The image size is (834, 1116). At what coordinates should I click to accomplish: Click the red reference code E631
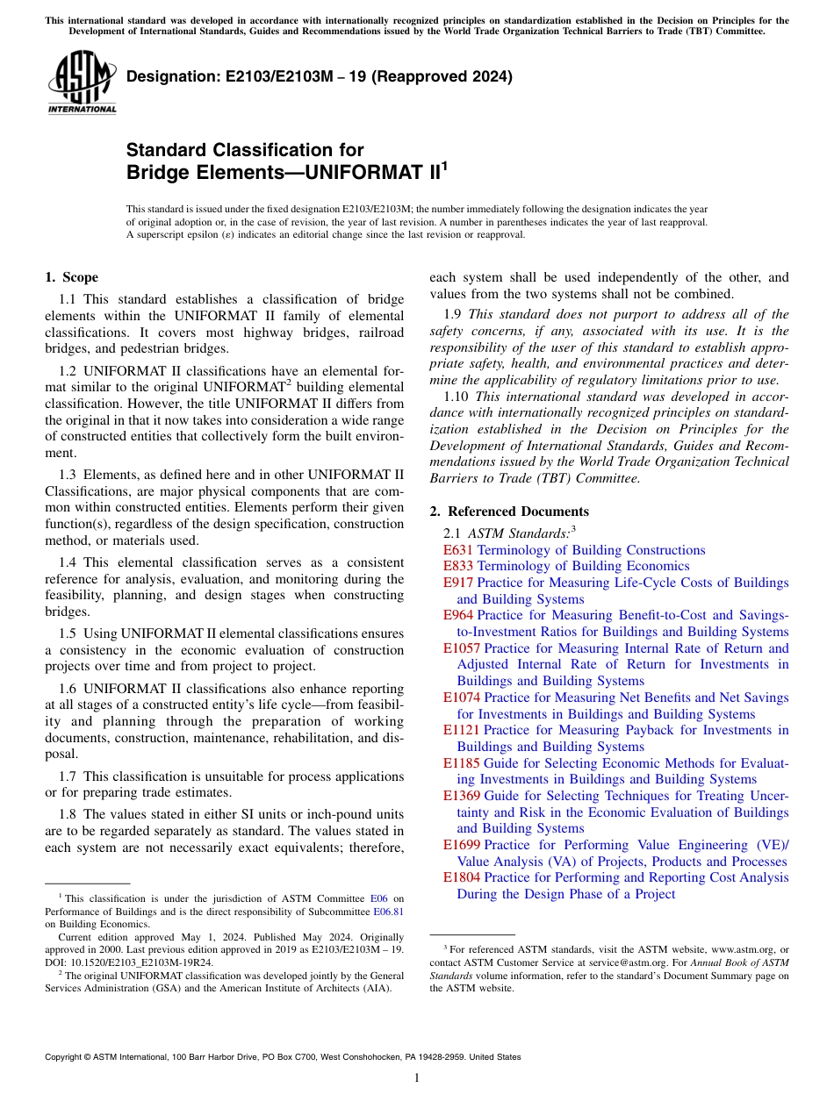[458, 550]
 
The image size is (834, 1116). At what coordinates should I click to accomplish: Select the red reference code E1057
[462, 648]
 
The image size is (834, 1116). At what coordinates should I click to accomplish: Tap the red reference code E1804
[462, 877]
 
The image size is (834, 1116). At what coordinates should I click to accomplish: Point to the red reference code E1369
[462, 796]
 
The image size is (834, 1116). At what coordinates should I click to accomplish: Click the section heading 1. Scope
[71, 277]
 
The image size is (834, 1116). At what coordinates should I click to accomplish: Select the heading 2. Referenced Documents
[509, 511]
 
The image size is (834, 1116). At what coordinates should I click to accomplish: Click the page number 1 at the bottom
[417, 1078]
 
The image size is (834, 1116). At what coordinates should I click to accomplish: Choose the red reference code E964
[458, 616]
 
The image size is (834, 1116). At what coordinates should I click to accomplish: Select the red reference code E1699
[462, 845]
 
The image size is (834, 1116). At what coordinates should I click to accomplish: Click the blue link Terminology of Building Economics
[583, 567]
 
